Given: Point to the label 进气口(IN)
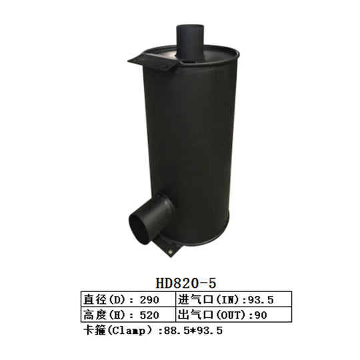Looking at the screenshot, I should (x=204, y=299).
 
